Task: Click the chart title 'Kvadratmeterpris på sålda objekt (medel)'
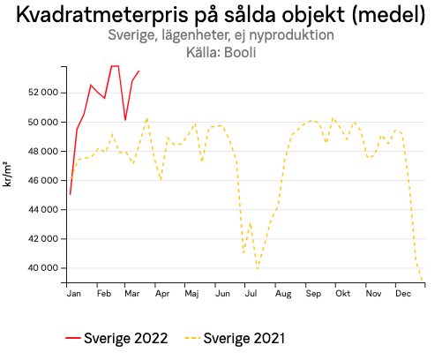[221, 15]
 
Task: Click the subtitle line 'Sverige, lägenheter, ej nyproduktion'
[221, 35]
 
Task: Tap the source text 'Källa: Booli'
[221, 52]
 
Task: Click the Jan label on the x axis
[74, 292]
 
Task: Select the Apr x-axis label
[161, 292]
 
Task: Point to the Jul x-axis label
[251, 292]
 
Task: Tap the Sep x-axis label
[312, 292]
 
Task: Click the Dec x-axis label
[403, 292]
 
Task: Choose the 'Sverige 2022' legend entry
[116, 338]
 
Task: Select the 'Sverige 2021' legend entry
[235, 338]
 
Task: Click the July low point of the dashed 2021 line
[258, 267]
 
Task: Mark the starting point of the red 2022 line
[70, 194]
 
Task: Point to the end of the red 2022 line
[139, 71]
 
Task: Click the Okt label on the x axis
[342, 292]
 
